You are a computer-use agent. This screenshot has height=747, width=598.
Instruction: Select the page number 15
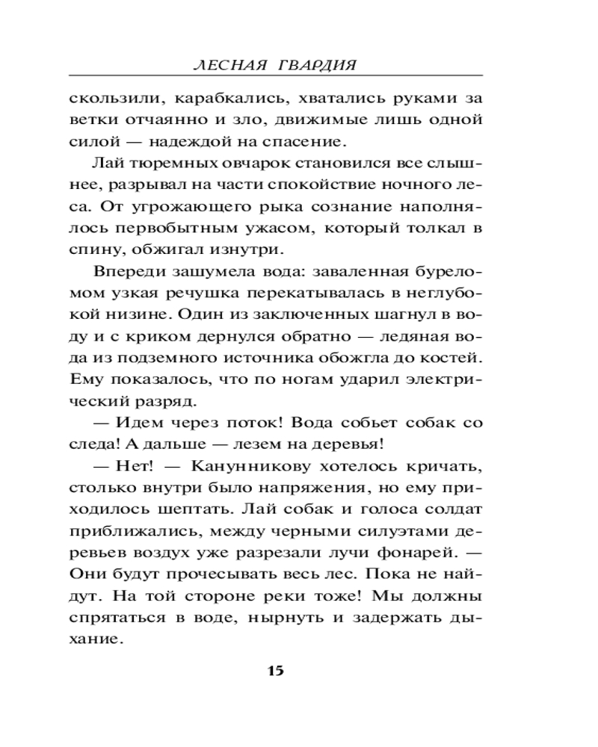click(275, 669)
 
